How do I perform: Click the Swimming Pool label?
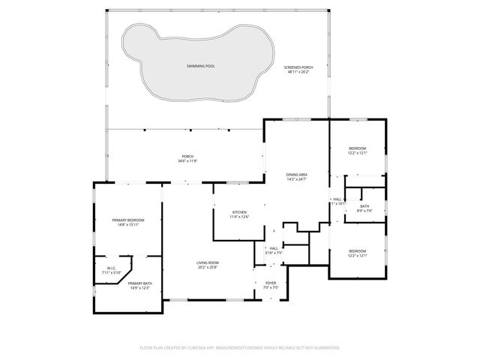[x=200, y=67]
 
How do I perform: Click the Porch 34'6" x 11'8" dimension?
[x=187, y=161]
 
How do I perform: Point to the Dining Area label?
[x=297, y=175]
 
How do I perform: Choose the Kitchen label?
[x=239, y=211]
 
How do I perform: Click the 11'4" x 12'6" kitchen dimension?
[x=239, y=217]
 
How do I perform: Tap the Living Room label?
[x=207, y=262]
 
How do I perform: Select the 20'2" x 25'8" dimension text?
[x=207, y=268]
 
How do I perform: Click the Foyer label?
[x=271, y=283]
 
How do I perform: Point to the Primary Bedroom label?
[x=127, y=220]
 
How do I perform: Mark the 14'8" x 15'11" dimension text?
[x=127, y=225]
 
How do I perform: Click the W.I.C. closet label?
[x=110, y=268]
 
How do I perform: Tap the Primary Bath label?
[x=140, y=283]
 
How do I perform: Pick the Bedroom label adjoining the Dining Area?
[x=357, y=148]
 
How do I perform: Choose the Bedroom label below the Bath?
[x=357, y=250]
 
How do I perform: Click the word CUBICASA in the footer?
[x=214, y=348]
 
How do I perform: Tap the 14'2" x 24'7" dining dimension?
[x=297, y=180]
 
